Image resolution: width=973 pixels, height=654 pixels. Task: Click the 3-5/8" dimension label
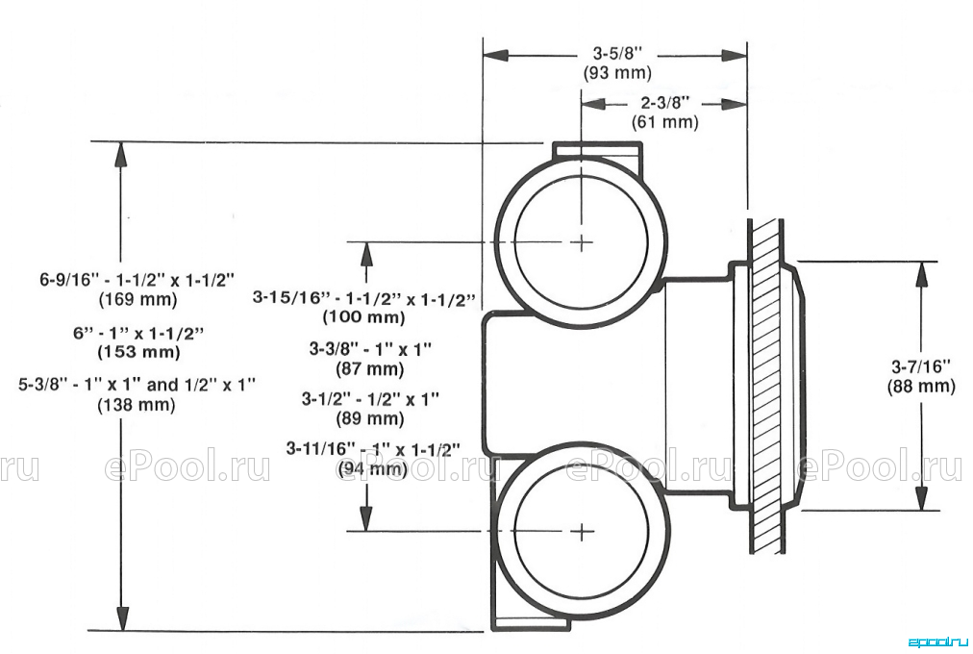[x=617, y=53]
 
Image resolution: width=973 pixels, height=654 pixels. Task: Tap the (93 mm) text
[x=617, y=72]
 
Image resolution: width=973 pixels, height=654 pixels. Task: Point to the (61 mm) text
[x=665, y=121]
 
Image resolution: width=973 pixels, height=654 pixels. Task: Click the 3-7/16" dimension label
[x=921, y=366]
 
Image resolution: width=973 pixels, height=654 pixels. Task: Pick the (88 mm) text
[x=921, y=386]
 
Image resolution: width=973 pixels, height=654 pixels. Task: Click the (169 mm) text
[x=137, y=299]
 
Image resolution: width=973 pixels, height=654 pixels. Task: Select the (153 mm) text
[x=138, y=352]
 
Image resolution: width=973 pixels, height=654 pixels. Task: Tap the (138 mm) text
[x=137, y=405]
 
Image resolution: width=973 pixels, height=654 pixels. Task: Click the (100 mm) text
[x=363, y=317]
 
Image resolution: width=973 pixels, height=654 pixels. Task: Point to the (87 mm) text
[x=370, y=369]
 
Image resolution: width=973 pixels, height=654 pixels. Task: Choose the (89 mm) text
[x=370, y=418]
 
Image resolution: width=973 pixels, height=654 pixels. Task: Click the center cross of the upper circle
[x=582, y=241]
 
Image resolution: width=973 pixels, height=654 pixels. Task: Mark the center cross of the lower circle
[x=582, y=531]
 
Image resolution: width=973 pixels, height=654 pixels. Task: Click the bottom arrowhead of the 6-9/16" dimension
[x=122, y=617]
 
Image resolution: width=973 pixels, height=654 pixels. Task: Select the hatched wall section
[x=767, y=386]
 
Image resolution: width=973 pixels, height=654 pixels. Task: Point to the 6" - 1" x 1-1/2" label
[x=138, y=333]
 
